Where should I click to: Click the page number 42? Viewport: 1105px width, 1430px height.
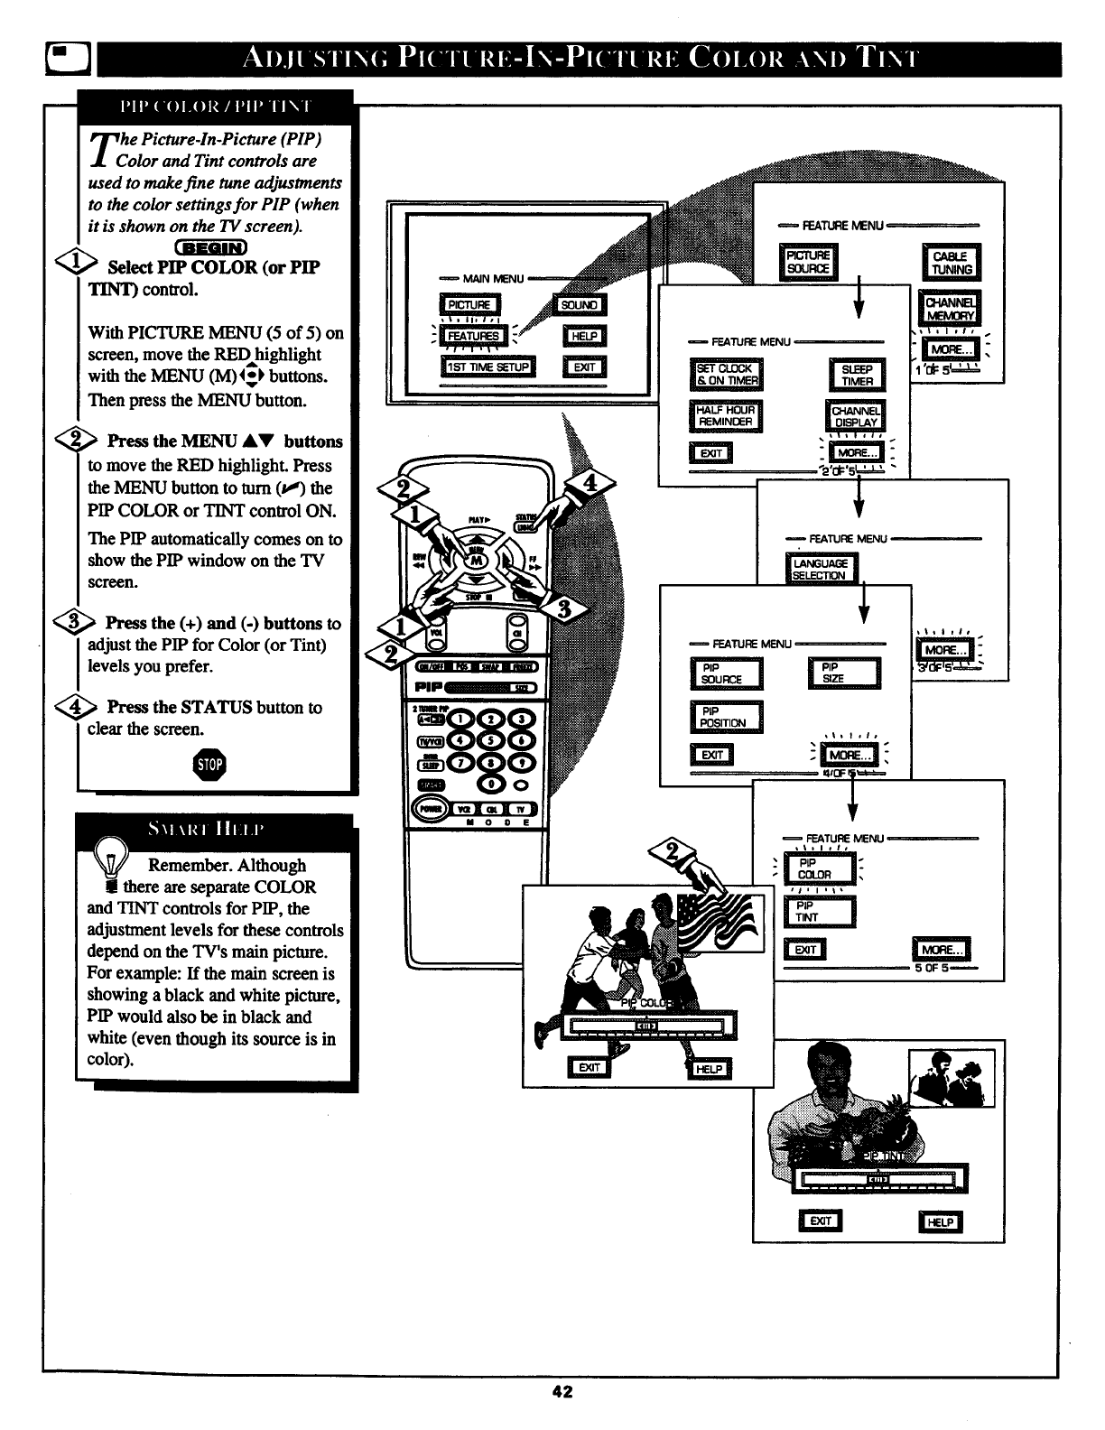tap(562, 1391)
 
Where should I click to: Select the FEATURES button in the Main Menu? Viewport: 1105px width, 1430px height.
tap(474, 336)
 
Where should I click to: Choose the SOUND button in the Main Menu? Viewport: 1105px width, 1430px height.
tap(580, 305)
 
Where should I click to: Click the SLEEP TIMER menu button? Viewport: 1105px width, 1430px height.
tap(857, 376)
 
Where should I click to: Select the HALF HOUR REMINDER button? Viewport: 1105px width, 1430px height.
tap(725, 416)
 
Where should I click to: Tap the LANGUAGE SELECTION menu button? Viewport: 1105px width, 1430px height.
tap(820, 570)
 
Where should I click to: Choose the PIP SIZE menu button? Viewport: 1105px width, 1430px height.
tap(843, 673)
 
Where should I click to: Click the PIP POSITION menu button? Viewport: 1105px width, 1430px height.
tap(726, 717)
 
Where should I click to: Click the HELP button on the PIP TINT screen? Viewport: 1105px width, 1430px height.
tap(940, 1221)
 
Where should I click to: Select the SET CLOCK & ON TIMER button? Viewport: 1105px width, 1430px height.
tap(725, 375)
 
